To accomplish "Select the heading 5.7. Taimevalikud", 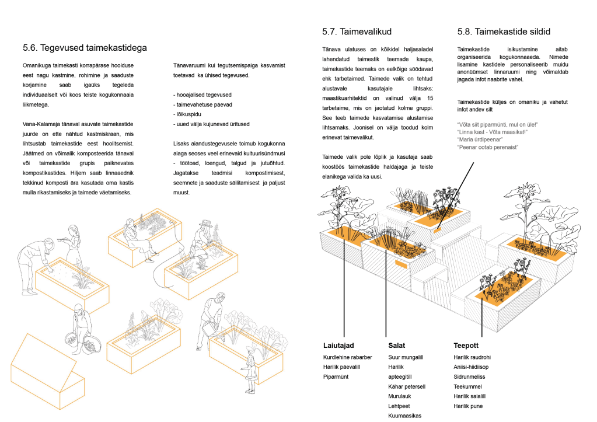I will tap(357, 32).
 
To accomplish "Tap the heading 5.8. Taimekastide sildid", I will tap(504, 32).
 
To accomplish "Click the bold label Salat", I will tap(397, 345).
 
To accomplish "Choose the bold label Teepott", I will tap(466, 345).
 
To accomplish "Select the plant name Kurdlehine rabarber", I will tap(347, 357).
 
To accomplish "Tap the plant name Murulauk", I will tap(401, 396).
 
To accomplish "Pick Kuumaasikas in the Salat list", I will tap(404, 416).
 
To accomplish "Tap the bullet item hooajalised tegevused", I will tap(203, 94).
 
